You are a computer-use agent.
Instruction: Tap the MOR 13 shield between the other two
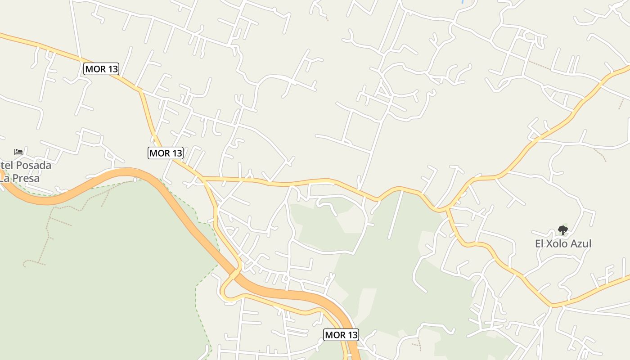(x=166, y=153)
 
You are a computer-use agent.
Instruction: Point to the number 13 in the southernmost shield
(x=352, y=335)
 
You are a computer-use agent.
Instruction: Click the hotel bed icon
(x=18, y=152)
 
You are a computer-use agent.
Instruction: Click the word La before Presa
(x=4, y=178)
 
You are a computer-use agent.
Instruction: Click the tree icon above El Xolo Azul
(x=562, y=230)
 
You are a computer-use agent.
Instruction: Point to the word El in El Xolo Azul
(x=539, y=244)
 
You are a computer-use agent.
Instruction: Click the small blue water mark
(x=463, y=1)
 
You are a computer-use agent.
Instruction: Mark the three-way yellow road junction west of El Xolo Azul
(x=448, y=209)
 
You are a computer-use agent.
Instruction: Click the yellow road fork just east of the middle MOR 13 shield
(x=203, y=179)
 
